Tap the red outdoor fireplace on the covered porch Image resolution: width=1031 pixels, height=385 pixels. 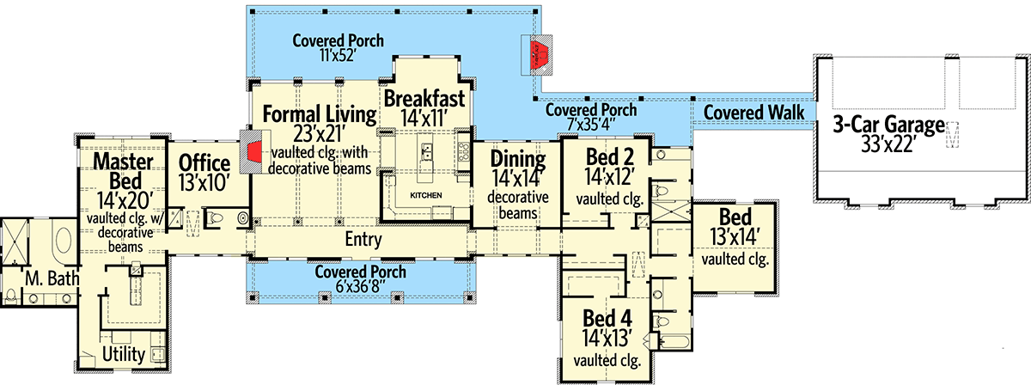[x=540, y=54]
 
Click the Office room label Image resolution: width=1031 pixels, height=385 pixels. [x=204, y=164]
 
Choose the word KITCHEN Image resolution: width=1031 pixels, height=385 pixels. [x=425, y=196]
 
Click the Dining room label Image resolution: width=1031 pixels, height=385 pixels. [x=517, y=159]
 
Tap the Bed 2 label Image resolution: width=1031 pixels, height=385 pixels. [x=609, y=157]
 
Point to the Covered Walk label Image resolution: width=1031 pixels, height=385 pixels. [x=753, y=113]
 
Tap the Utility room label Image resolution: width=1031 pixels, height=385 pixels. [x=123, y=354]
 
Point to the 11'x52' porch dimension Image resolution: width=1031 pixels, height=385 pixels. [x=337, y=57]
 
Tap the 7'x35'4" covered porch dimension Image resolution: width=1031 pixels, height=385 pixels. [x=591, y=126]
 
